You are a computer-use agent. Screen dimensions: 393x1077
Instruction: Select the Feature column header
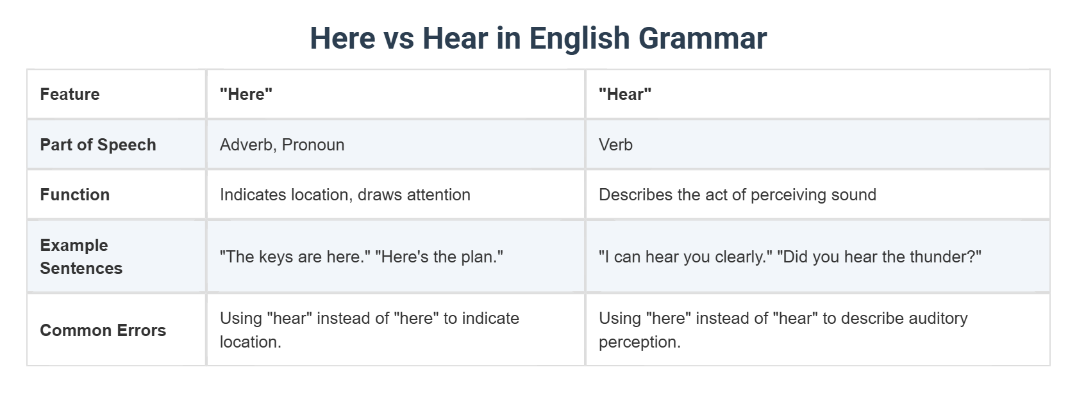70,94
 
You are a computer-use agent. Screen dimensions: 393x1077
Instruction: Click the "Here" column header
246,94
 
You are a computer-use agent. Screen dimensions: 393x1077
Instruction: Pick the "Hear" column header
625,94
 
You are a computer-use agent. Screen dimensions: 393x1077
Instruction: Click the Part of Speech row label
98,145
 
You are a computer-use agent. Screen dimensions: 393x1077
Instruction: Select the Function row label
75,195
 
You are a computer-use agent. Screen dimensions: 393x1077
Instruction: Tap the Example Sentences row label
81,257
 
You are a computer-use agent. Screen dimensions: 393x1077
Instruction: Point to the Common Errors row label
103,330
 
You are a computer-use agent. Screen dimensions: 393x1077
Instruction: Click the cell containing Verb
615,145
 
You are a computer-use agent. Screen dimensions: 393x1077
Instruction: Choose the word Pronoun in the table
313,145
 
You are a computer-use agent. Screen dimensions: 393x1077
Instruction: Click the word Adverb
246,145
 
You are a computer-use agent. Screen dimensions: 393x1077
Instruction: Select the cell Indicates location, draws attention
345,195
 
